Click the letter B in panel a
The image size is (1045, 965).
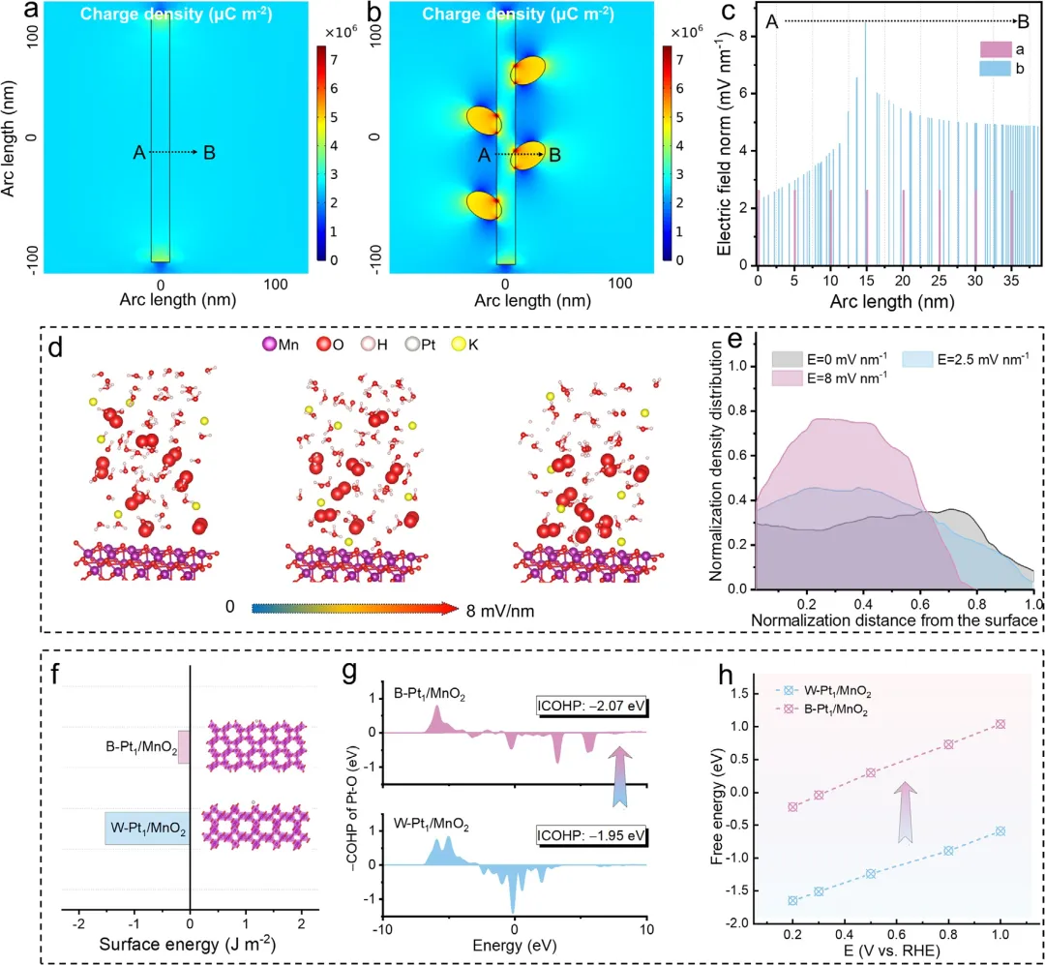click(210, 152)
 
